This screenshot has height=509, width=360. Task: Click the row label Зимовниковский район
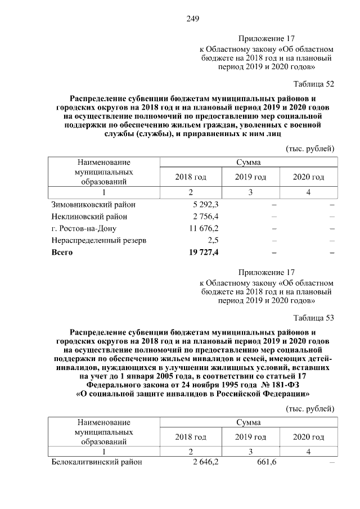tap(93, 204)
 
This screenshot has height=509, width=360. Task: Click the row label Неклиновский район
tap(89, 217)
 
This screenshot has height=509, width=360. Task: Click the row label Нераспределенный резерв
tap(99, 241)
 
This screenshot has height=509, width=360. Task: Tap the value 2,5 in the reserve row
tap(213, 241)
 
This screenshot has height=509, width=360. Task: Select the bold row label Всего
tap(62, 253)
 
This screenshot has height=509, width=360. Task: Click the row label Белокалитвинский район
tap(97, 462)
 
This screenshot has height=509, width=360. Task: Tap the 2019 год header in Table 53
tap(250, 437)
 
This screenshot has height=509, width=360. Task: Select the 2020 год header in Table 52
tap(309, 177)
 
